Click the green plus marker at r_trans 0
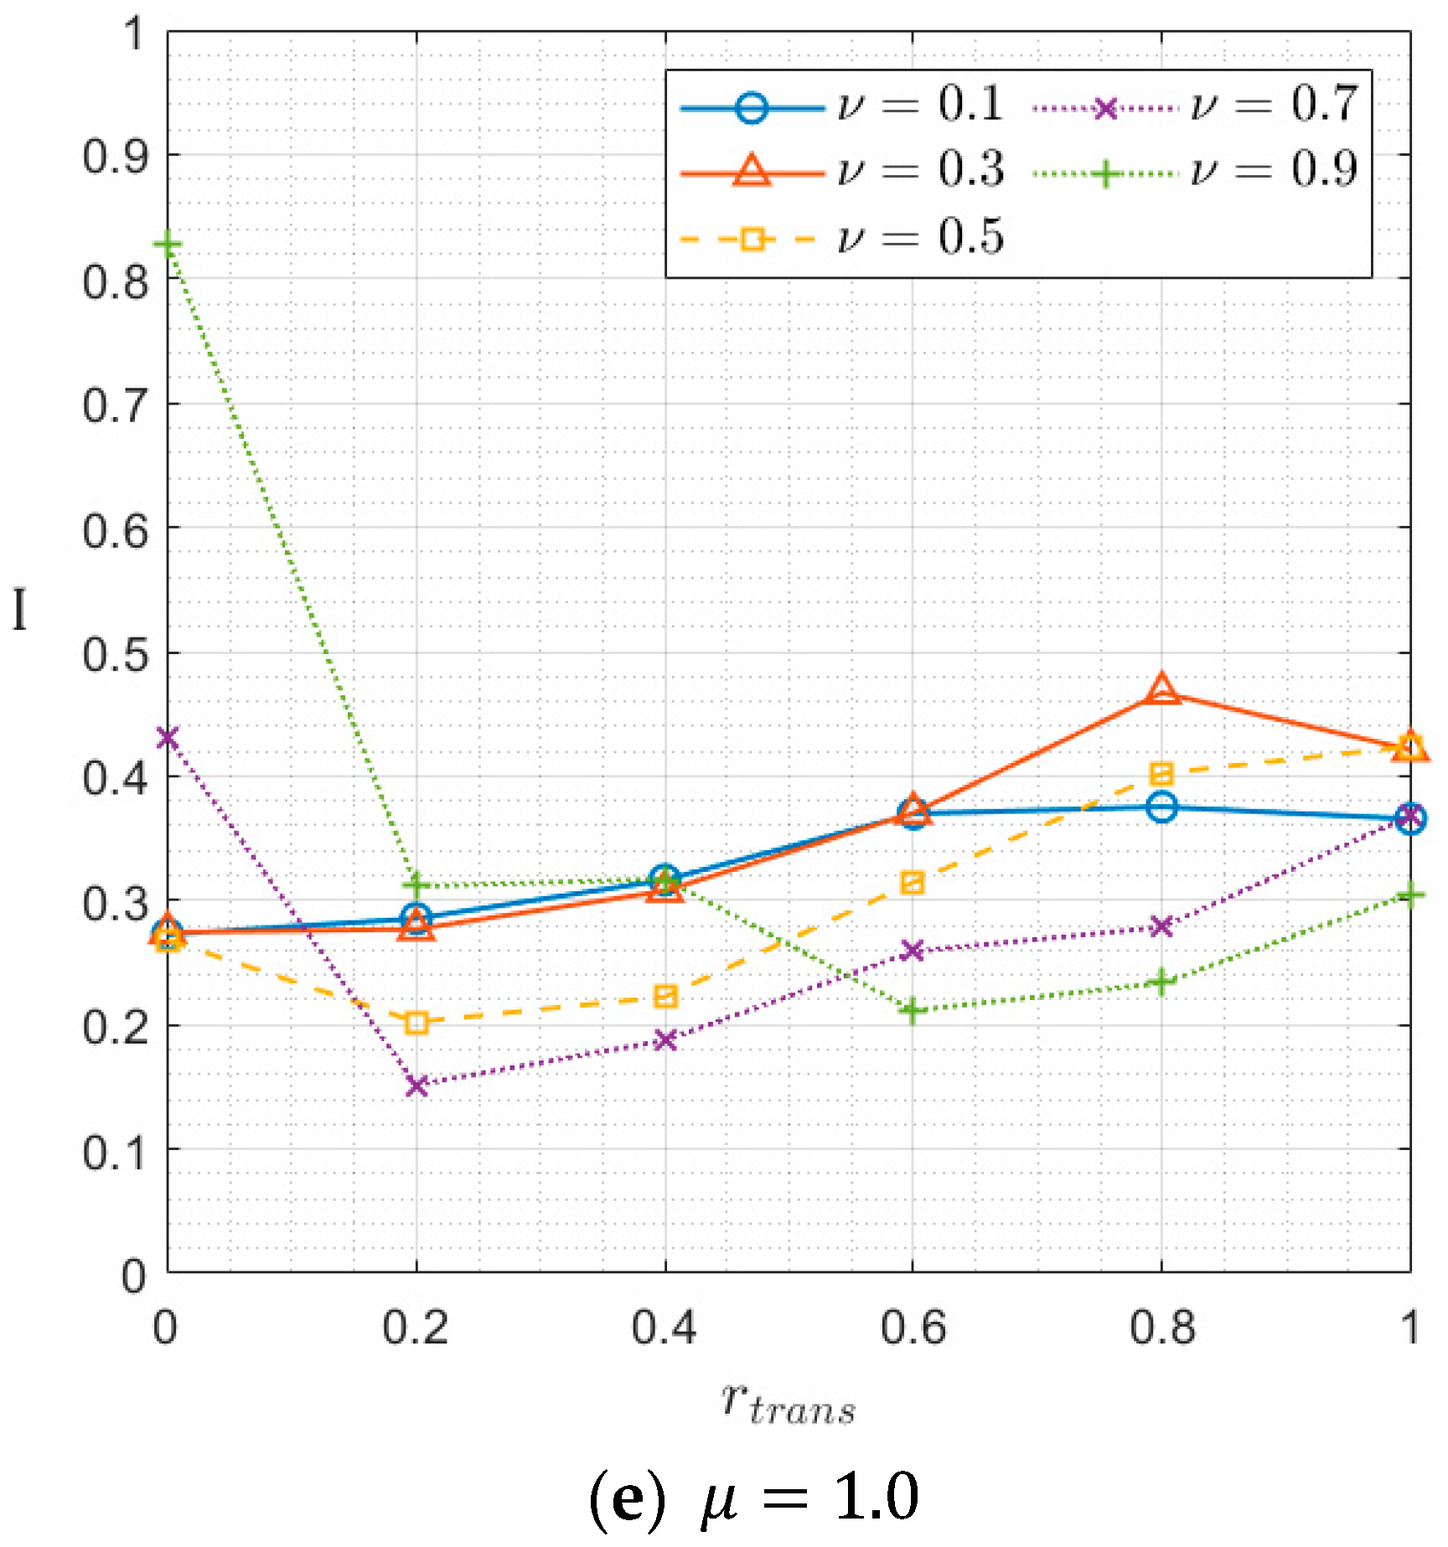pos(168,245)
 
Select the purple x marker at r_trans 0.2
pos(416,1086)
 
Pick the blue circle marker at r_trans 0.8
pos(1161,807)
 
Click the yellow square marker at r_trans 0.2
pos(416,1023)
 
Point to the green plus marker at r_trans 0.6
pos(913,1011)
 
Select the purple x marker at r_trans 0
pos(168,738)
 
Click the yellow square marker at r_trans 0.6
pos(913,883)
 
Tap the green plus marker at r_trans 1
pos(1410,895)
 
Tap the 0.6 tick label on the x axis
pos(913,1328)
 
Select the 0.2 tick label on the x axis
pos(416,1328)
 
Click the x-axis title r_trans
pos(788,1403)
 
